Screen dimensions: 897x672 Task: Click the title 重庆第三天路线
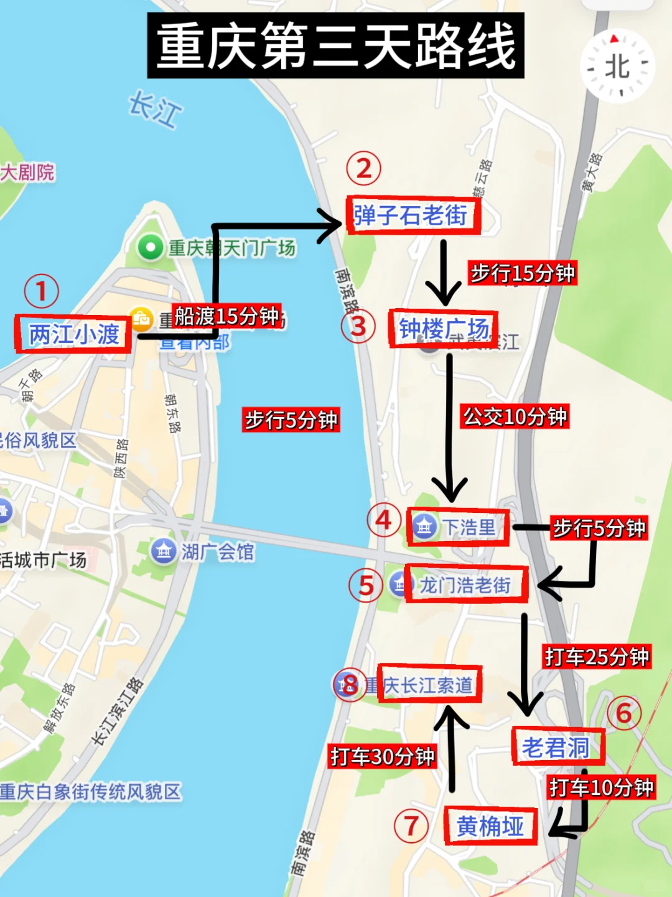pyautogui.click(x=335, y=46)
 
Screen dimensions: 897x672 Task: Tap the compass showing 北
pyautogui.click(x=617, y=65)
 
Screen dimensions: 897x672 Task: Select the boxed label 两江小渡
pyautogui.click(x=73, y=334)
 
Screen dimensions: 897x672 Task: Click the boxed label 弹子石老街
pyautogui.click(x=413, y=216)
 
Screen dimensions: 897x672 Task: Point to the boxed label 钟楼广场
pyautogui.click(x=443, y=329)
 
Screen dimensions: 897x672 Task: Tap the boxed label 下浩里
pyautogui.click(x=458, y=527)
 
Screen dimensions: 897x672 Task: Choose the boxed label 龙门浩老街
pyautogui.click(x=466, y=585)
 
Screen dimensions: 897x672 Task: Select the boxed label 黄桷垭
pyautogui.click(x=490, y=826)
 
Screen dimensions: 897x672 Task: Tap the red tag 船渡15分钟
pyautogui.click(x=226, y=316)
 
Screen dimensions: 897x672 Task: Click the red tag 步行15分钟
pyautogui.click(x=523, y=273)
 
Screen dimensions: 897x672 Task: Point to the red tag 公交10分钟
pyautogui.click(x=515, y=416)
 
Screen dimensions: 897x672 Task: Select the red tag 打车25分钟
pyautogui.click(x=597, y=657)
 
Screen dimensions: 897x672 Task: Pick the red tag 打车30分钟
pyautogui.click(x=383, y=756)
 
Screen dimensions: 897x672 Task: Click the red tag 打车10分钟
pyautogui.click(x=601, y=787)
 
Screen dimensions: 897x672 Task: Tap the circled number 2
pyautogui.click(x=364, y=169)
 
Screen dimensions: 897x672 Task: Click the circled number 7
pyautogui.click(x=411, y=826)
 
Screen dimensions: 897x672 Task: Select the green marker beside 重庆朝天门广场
pyautogui.click(x=150, y=248)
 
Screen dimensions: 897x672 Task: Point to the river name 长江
pyautogui.click(x=155, y=109)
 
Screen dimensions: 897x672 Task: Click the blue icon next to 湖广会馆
pyautogui.click(x=164, y=551)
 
